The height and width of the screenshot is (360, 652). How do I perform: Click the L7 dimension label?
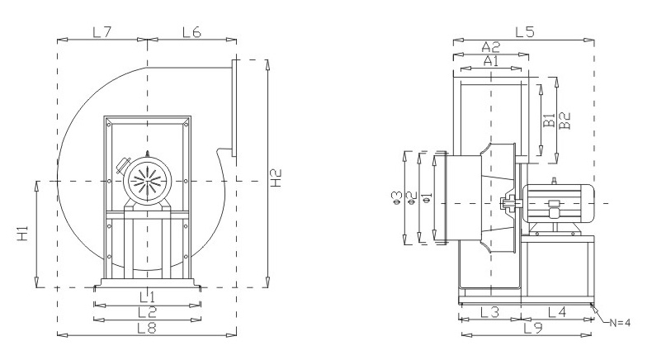[x=102, y=32]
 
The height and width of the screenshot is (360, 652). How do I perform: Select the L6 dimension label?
[x=191, y=32]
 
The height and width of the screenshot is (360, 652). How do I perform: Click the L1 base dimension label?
[x=147, y=296]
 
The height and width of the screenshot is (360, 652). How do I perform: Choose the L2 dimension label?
[x=147, y=312]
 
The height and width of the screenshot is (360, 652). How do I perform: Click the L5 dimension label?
[x=525, y=32]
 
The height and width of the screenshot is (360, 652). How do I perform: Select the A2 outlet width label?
[x=491, y=47]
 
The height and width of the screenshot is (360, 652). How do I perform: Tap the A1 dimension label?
[x=491, y=61]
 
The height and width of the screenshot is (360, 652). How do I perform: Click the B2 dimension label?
[x=565, y=120]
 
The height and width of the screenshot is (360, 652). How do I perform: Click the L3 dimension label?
[x=489, y=312]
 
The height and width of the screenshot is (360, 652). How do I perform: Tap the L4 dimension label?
[x=556, y=312]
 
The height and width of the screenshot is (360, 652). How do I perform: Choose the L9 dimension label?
[x=533, y=328]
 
